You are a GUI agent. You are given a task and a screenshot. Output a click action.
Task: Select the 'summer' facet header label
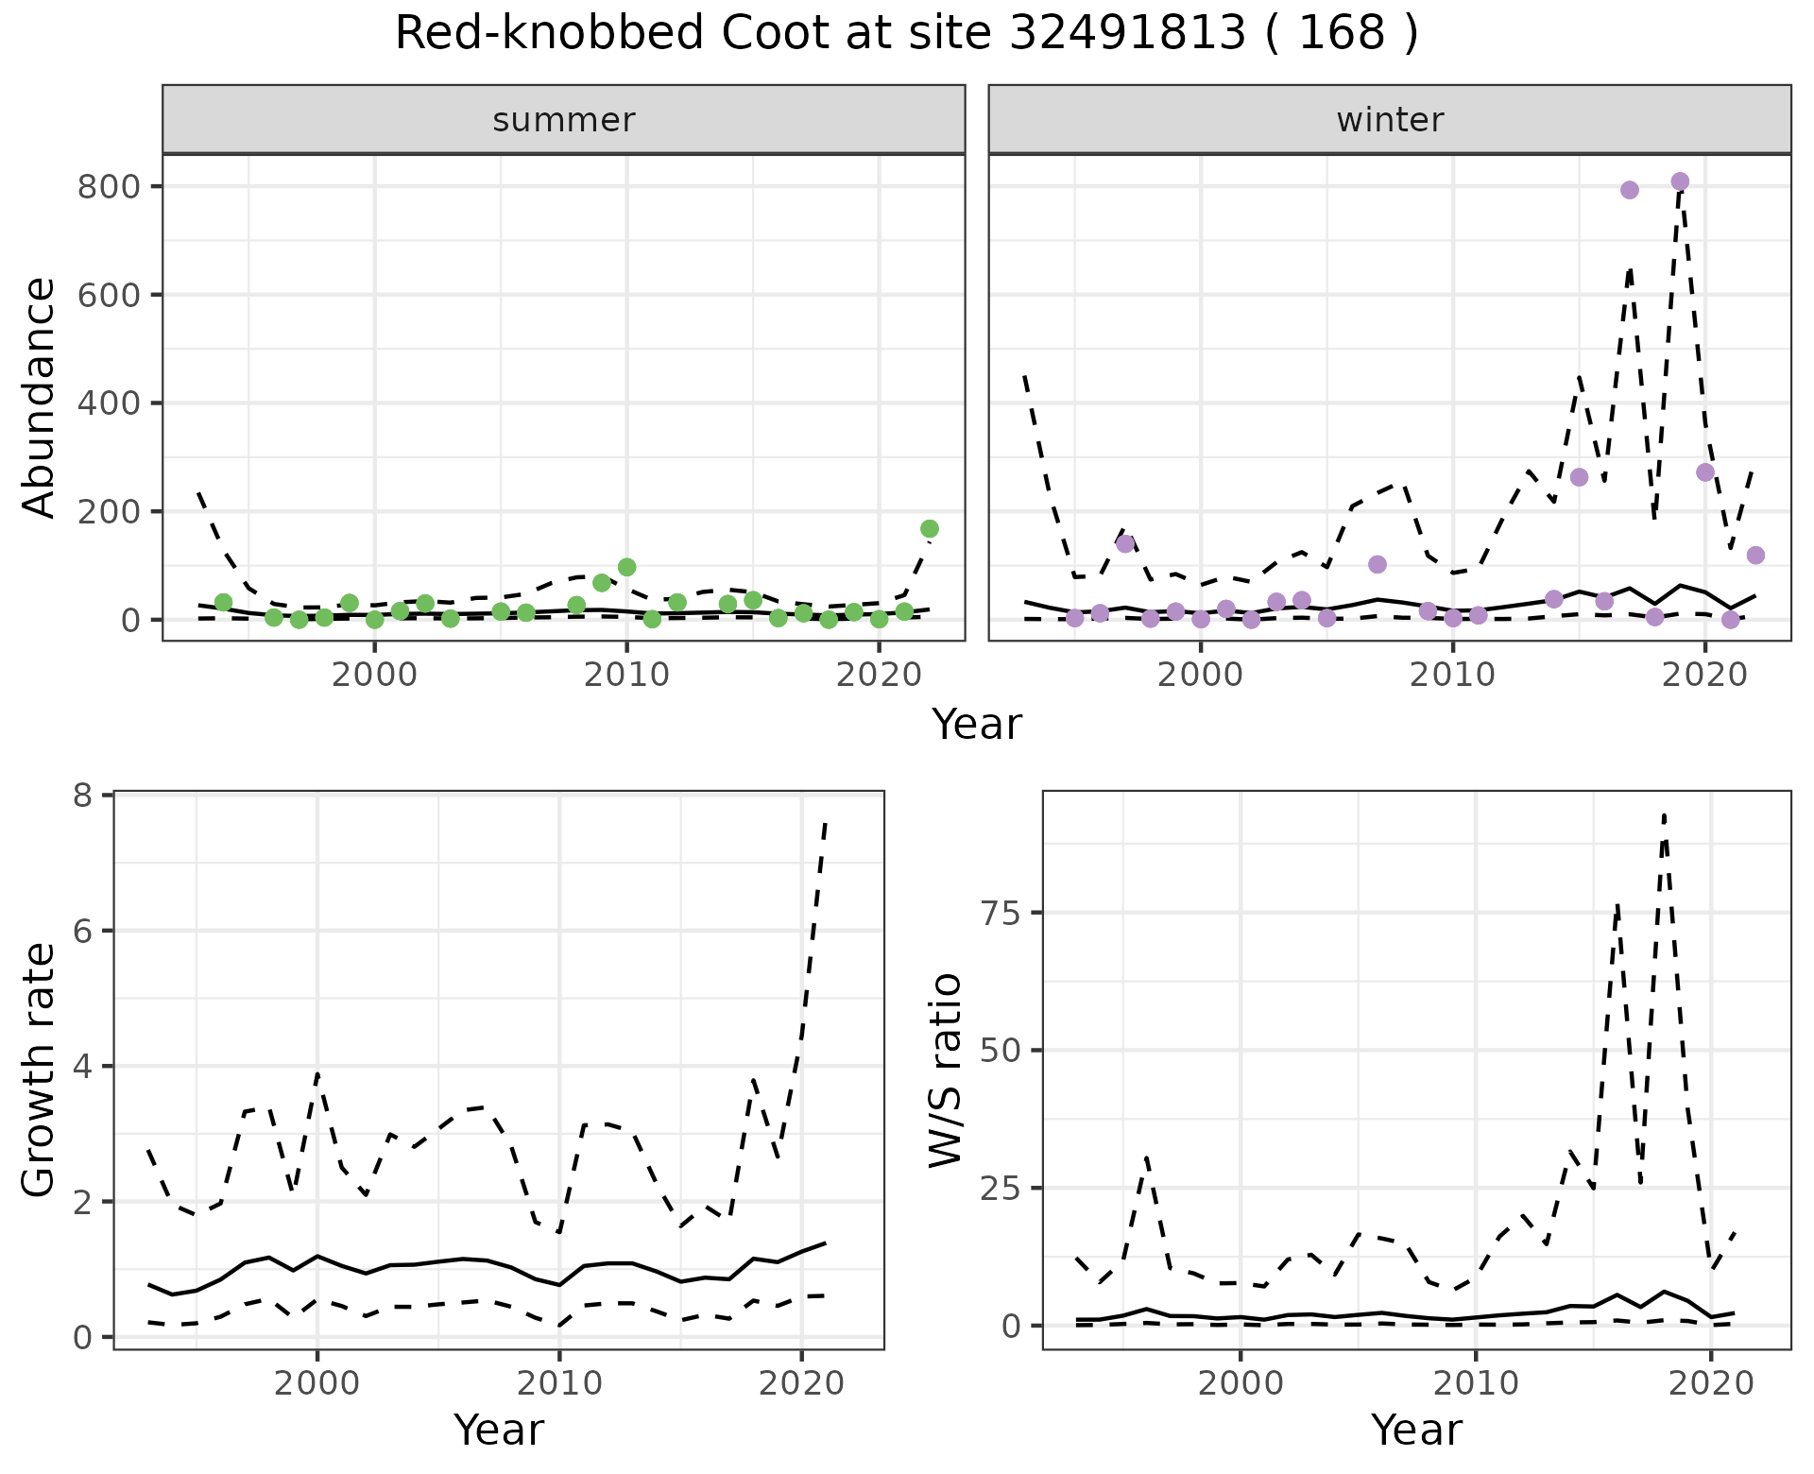[x=564, y=120]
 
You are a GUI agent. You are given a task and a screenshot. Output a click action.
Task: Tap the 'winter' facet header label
[x=1390, y=120]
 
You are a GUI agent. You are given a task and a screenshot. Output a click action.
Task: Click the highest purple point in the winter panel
[x=1680, y=181]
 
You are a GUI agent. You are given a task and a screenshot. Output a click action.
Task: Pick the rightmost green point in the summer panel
[x=930, y=529]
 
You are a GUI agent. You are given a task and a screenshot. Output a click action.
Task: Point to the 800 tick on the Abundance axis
[x=109, y=186]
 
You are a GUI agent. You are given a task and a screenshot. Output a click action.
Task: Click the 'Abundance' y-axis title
[x=39, y=397]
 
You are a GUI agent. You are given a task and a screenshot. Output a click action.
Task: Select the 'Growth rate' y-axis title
[x=39, y=1070]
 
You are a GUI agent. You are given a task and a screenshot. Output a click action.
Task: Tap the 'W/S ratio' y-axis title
[x=945, y=1070]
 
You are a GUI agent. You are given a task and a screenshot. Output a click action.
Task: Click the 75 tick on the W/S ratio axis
[x=1001, y=913]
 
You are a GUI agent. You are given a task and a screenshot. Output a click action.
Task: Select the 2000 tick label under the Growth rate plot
[x=317, y=1384]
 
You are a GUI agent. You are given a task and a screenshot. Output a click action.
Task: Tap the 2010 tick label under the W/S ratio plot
[x=1475, y=1384]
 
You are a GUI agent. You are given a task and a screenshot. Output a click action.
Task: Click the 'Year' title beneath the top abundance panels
[x=977, y=725]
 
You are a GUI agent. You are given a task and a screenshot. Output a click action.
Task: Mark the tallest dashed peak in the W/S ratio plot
[x=1664, y=814]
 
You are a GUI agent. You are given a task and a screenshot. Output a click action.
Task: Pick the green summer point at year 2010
[x=626, y=567]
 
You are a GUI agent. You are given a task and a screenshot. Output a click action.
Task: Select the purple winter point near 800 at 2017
[x=1630, y=190]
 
